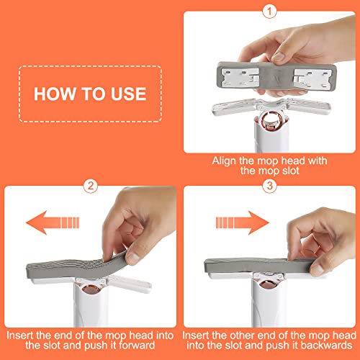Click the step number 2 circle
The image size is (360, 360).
(x=90, y=186)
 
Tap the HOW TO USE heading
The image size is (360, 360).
(x=91, y=94)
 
